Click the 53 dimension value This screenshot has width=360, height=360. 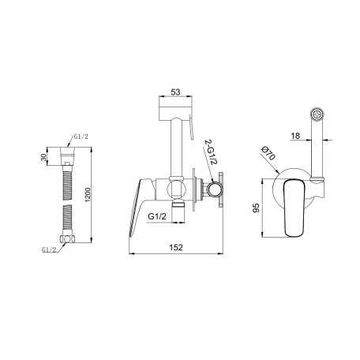click(x=175, y=92)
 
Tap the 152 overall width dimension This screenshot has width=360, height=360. click(x=176, y=247)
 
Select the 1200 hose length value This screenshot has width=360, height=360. click(x=88, y=195)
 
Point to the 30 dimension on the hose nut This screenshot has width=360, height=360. click(x=43, y=157)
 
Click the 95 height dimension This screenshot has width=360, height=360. click(x=256, y=208)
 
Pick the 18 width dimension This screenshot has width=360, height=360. click(x=295, y=136)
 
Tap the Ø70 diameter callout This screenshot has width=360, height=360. click(x=268, y=153)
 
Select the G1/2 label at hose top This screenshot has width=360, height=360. click(x=81, y=137)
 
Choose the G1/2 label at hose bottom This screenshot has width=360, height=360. click(x=49, y=249)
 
